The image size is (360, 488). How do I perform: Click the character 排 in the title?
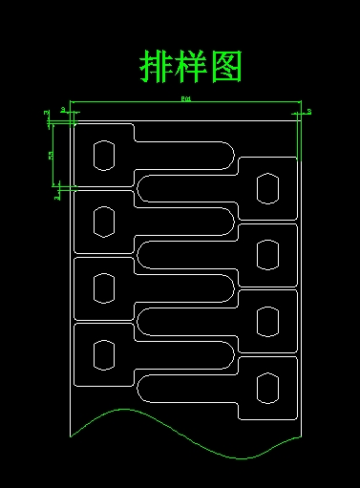tap(157, 66)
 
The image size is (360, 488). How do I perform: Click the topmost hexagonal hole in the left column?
tap(103, 156)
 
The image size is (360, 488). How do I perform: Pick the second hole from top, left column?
tap(103, 222)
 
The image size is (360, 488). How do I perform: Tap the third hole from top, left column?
tap(103, 287)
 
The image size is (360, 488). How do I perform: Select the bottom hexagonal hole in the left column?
tap(103, 354)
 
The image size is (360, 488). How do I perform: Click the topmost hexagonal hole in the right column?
tap(268, 188)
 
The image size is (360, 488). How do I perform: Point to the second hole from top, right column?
tap(268, 254)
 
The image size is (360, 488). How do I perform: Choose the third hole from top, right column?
tap(268, 320)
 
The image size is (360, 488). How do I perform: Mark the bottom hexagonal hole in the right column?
tap(268, 387)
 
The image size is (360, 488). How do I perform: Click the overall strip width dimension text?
tap(185, 99)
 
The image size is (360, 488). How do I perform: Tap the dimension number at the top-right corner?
tap(310, 112)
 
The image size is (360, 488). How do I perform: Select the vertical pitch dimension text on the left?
tap(51, 155)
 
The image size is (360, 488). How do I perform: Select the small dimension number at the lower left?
tap(57, 198)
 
